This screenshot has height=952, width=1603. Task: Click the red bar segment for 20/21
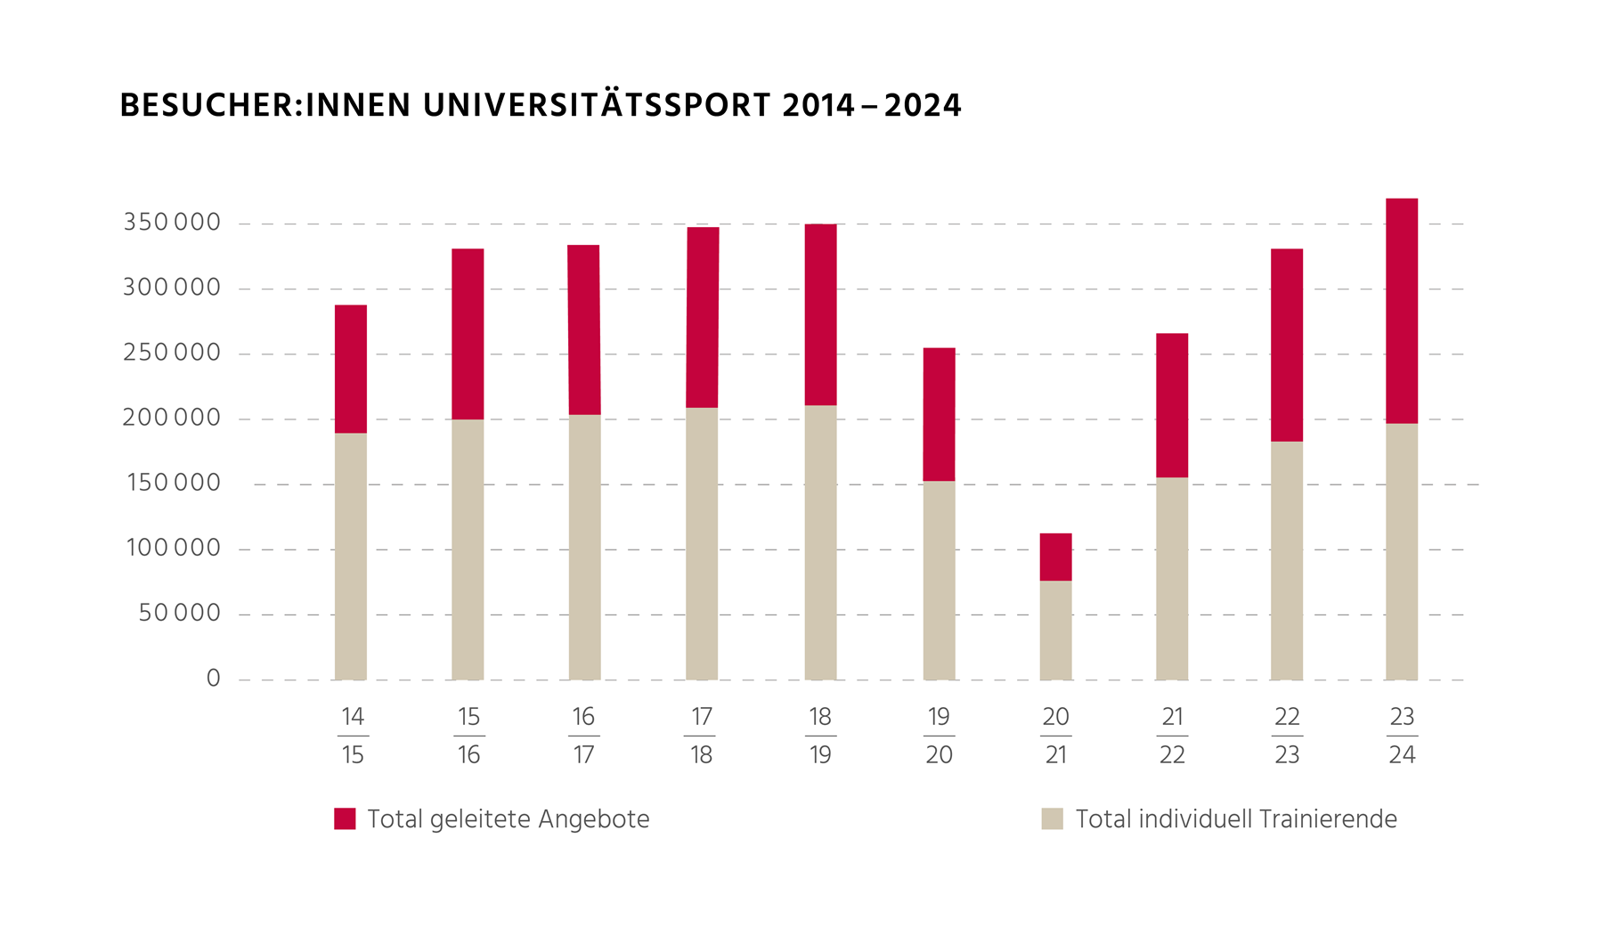(x=1055, y=557)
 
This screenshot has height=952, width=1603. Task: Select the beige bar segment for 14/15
(x=351, y=556)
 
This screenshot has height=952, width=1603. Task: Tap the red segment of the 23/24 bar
(x=1402, y=310)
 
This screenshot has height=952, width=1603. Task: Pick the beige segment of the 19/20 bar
(x=939, y=580)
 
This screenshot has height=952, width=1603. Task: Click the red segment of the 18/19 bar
(x=820, y=314)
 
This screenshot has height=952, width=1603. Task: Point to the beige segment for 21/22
(x=1172, y=578)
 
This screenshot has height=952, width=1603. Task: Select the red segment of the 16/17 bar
(x=583, y=330)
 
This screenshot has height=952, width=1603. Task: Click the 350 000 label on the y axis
(x=172, y=223)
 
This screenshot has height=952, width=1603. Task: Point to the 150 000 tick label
(x=174, y=483)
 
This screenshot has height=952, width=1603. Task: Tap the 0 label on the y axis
(x=213, y=679)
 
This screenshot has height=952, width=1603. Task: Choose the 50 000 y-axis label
(x=179, y=613)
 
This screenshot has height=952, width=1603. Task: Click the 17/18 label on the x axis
(x=701, y=736)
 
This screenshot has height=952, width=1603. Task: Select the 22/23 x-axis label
(x=1287, y=736)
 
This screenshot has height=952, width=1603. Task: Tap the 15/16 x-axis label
(x=468, y=736)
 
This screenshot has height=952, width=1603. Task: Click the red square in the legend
(x=345, y=818)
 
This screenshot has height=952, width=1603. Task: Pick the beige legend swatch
(x=1052, y=818)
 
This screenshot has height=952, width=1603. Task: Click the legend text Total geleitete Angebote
(x=508, y=819)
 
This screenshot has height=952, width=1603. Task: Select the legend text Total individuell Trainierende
(x=1236, y=819)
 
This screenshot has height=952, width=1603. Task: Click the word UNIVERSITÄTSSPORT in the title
(x=597, y=105)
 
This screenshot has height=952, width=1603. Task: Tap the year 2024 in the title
(x=923, y=105)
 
